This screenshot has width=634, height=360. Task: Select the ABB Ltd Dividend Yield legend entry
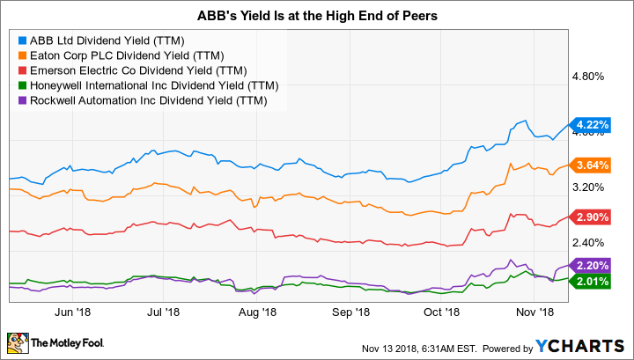[102, 39]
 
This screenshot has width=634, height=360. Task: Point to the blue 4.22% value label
[591, 125]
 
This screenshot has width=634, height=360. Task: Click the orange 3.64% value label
[591, 165]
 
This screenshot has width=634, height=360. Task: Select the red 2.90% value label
[591, 217]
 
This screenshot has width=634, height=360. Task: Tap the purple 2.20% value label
[591, 265]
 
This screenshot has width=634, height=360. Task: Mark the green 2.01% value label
[591, 281]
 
